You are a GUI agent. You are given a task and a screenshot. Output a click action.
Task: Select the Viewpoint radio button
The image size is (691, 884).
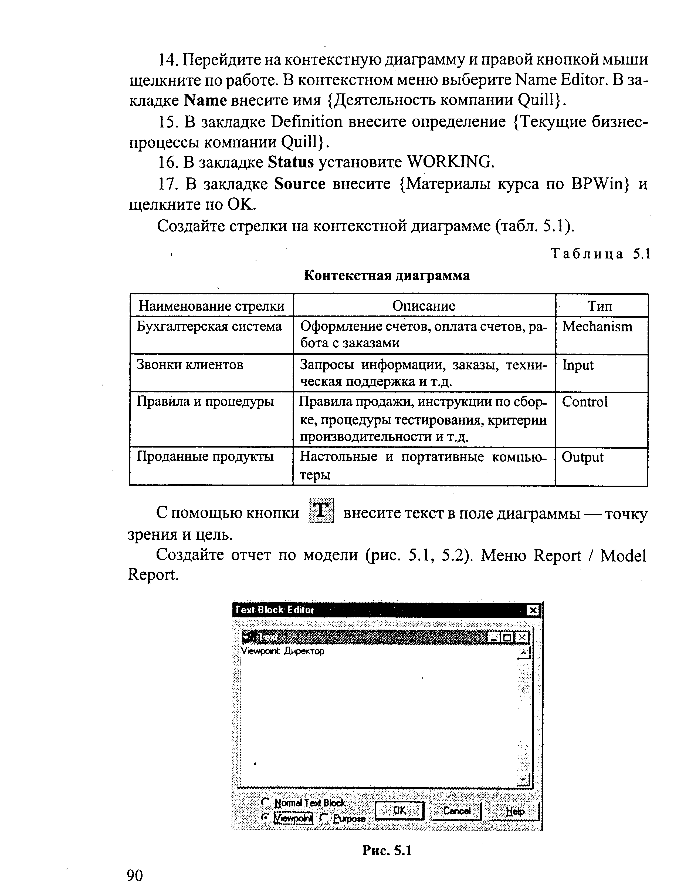tap(265, 817)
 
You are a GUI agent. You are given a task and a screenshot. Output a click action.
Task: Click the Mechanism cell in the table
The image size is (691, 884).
tap(597, 327)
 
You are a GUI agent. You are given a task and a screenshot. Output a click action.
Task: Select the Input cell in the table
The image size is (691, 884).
tap(578, 365)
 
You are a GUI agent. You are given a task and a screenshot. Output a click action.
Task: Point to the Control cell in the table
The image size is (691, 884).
tap(585, 402)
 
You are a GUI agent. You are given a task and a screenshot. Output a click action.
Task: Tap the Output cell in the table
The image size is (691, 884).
tap(582, 457)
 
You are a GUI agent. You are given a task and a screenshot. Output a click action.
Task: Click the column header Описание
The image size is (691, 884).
tap(424, 305)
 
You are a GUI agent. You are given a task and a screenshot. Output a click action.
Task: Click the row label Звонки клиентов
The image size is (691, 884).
tap(190, 365)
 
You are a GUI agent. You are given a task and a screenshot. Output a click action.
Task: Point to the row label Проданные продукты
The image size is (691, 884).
tap(205, 457)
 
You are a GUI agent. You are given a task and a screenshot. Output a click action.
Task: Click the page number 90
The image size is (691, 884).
tap(135, 875)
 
